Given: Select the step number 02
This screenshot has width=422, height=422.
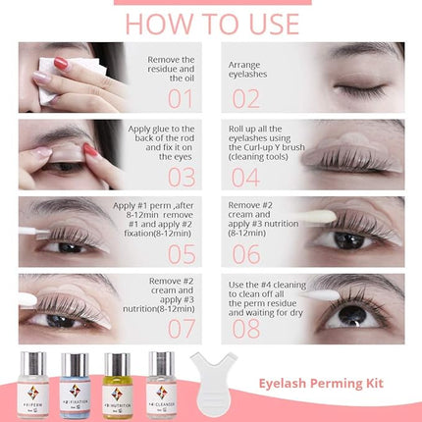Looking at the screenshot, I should (x=246, y=98).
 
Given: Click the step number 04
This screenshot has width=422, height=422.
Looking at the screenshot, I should (x=246, y=177).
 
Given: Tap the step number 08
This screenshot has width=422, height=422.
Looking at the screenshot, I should (x=246, y=330).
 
